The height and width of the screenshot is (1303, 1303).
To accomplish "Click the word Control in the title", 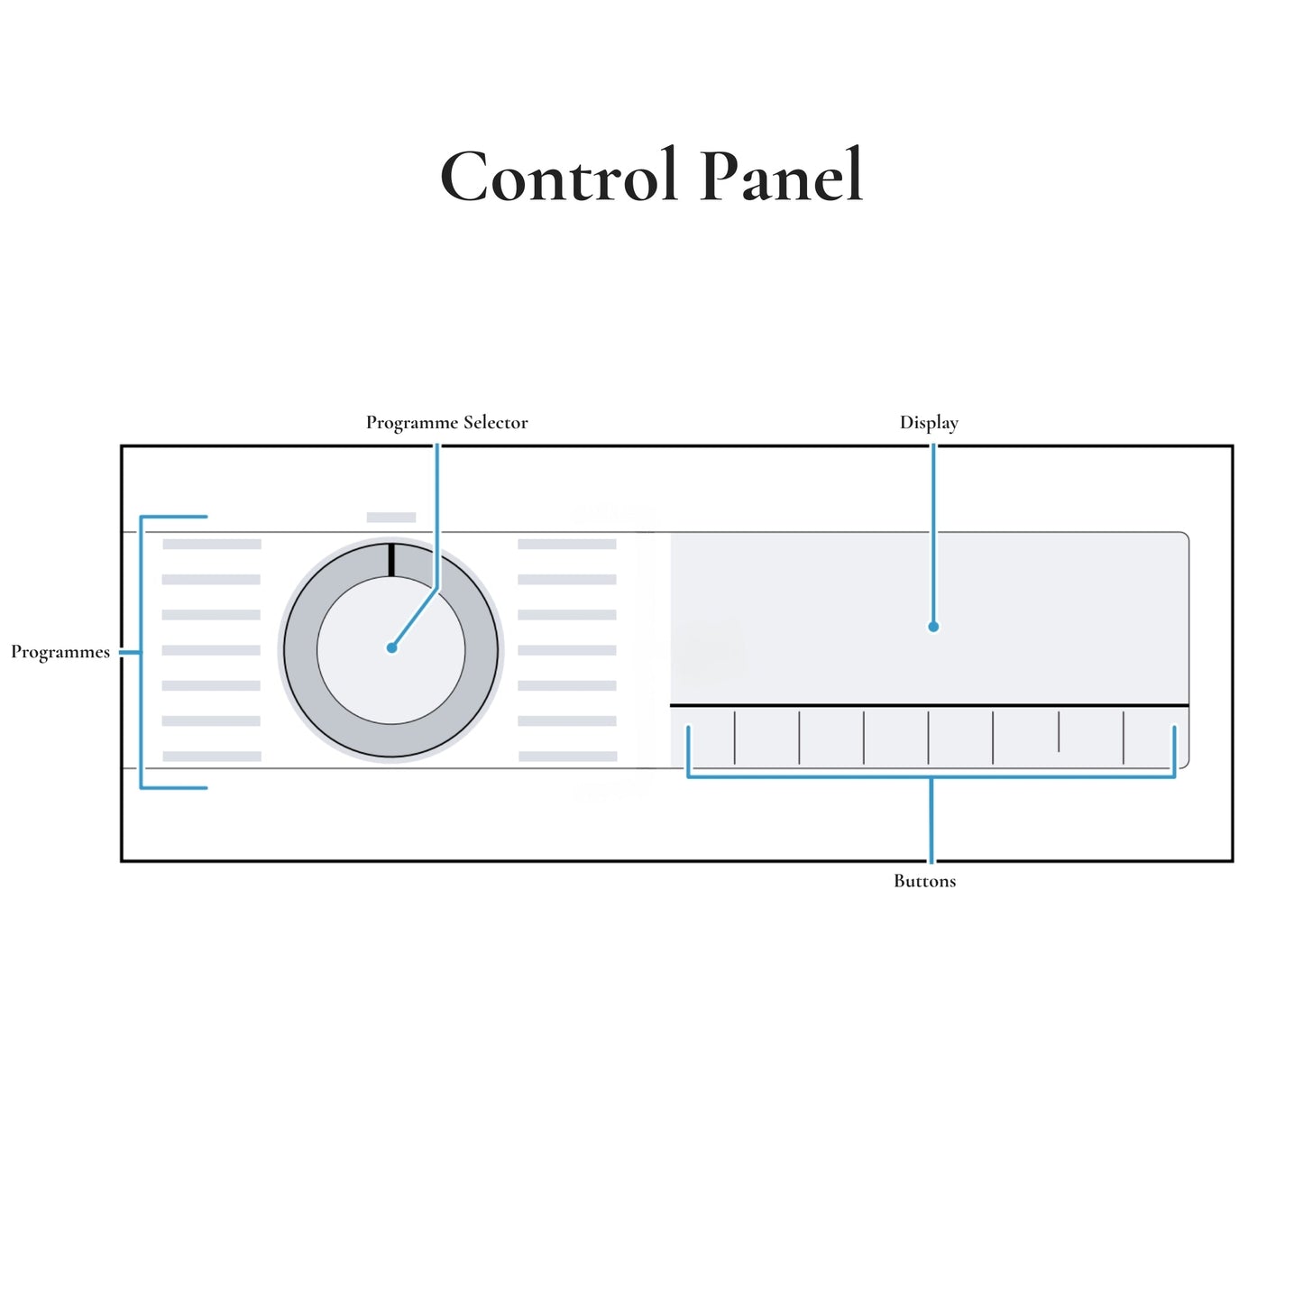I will coord(559,177).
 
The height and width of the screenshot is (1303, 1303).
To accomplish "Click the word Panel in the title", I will coord(781,177).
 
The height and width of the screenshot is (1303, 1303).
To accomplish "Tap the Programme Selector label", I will coord(446,423).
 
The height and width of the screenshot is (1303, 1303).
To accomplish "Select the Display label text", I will coord(929,423).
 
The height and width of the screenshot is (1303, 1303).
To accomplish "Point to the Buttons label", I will coord(924,881).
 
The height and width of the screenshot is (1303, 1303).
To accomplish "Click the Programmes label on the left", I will coord(60,652).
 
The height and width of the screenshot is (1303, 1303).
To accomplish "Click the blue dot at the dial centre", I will coord(391,647).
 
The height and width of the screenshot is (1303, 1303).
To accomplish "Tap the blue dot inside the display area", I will coord(933,627).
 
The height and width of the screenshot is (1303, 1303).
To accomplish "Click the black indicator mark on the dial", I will coord(391,559).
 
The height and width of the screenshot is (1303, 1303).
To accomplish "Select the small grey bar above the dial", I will coord(391,518).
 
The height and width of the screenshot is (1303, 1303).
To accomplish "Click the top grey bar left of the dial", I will coord(212,545).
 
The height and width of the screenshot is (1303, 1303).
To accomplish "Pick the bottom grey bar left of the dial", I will coord(212,757).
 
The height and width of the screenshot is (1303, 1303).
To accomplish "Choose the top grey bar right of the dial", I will coord(567,545).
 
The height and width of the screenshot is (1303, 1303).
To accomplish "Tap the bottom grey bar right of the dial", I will coord(567,757).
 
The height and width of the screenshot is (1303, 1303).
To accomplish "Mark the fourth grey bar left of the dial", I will coord(212,650).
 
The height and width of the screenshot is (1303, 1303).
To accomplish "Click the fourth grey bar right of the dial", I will coord(567,650).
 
